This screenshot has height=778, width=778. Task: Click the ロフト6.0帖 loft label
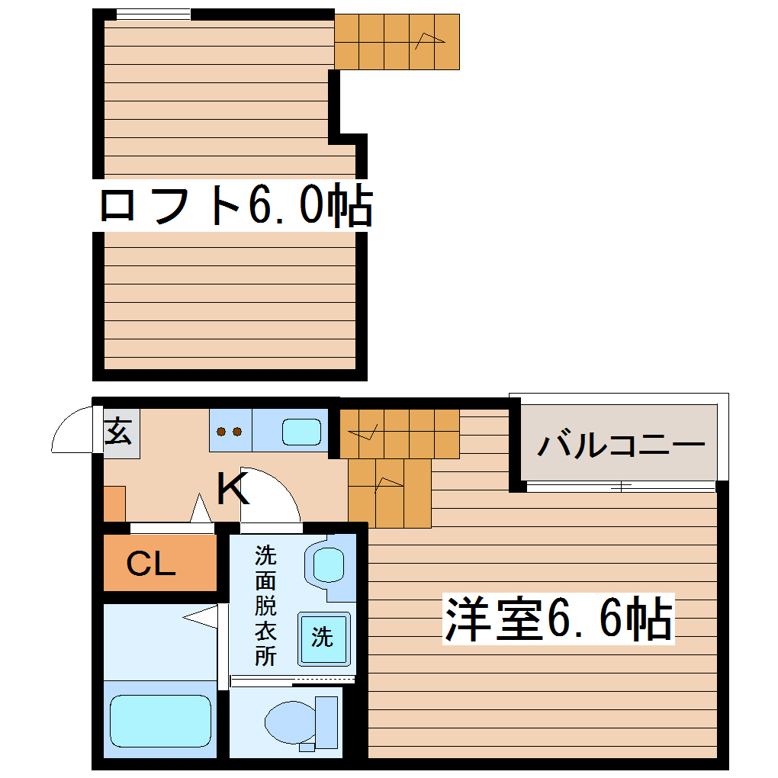tap(236, 205)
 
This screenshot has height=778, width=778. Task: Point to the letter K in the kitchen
tap(233, 490)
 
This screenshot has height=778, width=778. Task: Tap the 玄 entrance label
tap(119, 434)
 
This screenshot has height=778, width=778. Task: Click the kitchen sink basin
tap(302, 432)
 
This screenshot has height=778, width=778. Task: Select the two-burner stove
tap(230, 432)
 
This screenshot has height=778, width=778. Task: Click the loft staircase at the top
tap(397, 41)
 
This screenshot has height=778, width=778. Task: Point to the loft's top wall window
tap(153, 14)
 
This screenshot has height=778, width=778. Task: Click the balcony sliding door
tap(620, 486)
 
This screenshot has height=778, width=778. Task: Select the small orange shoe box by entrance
tap(114, 503)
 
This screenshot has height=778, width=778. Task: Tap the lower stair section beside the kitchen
tap(389, 492)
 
